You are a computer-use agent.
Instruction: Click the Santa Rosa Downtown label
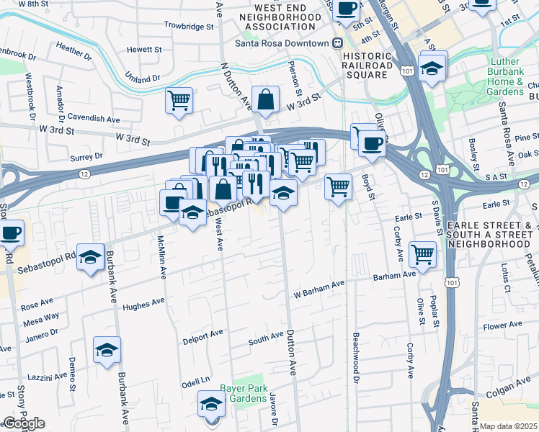tap(282, 42)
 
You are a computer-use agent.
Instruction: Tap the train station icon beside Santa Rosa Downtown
tap(337, 42)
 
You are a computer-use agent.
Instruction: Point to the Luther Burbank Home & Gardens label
tap(514, 76)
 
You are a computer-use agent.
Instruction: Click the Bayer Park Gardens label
tap(244, 392)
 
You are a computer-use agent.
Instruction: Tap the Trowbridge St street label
tap(190, 25)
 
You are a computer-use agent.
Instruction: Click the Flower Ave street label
tap(502, 326)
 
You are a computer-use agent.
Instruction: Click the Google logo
tap(23, 423)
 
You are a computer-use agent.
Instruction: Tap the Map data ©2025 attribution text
tap(509, 426)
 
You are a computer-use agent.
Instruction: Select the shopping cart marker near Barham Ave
tap(422, 253)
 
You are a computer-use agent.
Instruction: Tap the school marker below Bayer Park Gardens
tap(211, 404)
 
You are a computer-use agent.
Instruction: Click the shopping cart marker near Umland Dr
tap(179, 100)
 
